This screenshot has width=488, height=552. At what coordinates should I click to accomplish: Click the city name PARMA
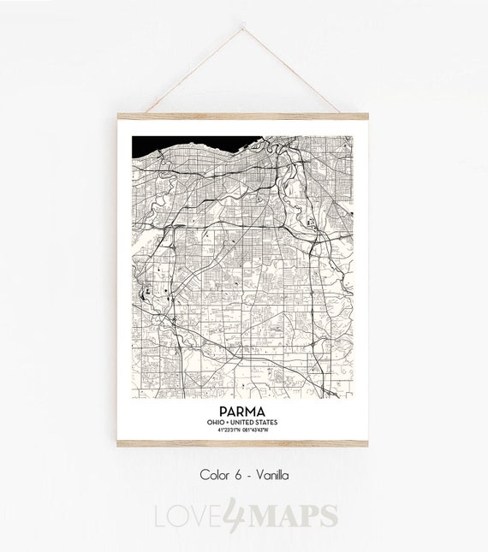[242, 412]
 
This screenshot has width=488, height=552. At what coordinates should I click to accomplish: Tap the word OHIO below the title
[217, 422]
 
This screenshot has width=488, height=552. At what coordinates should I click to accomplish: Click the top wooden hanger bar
[242, 116]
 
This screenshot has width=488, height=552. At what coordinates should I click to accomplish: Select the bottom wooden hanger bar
[242, 443]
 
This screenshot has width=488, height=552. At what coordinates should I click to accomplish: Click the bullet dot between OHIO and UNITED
[229, 422]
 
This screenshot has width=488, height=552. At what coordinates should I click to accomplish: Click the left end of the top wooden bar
[120, 116]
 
